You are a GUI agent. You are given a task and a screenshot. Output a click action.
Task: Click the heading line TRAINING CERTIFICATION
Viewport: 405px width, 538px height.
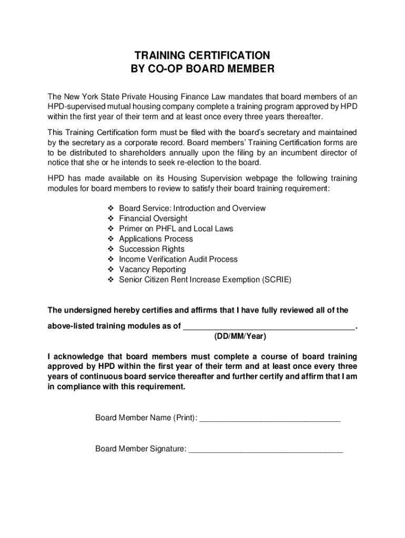point(202,55)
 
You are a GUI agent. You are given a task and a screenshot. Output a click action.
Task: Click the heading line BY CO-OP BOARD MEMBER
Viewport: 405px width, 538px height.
point(202,69)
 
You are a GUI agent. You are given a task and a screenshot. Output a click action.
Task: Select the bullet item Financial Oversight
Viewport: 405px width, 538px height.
point(153,219)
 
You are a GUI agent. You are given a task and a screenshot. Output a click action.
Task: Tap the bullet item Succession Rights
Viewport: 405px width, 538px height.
point(151,249)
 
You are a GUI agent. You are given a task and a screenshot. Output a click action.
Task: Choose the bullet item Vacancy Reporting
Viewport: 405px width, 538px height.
point(153,270)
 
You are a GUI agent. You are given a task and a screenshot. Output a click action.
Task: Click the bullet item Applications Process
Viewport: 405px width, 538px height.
point(156,239)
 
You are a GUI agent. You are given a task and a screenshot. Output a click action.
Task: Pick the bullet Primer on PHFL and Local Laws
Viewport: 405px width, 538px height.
point(176,229)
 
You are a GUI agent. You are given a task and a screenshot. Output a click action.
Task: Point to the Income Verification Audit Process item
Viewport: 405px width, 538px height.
point(178,260)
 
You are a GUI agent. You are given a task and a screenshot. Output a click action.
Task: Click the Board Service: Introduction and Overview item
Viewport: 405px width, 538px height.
point(192,208)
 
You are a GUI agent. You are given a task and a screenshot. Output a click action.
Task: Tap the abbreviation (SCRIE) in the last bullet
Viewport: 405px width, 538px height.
point(276,280)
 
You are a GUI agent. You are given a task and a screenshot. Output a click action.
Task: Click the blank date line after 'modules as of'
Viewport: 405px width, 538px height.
point(269,327)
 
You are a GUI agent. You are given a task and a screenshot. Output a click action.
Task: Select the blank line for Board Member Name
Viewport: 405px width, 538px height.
point(270,419)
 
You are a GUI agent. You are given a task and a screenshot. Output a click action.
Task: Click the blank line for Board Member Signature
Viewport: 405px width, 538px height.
point(266,450)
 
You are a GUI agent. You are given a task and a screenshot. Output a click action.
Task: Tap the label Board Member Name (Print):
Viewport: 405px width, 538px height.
point(146,418)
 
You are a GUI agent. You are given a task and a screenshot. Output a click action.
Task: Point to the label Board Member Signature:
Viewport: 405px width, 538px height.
point(140,449)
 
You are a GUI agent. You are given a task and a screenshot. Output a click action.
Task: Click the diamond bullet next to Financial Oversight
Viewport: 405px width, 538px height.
point(111,219)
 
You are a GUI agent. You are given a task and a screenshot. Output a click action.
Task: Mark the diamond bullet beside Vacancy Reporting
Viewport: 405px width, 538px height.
point(111,270)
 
